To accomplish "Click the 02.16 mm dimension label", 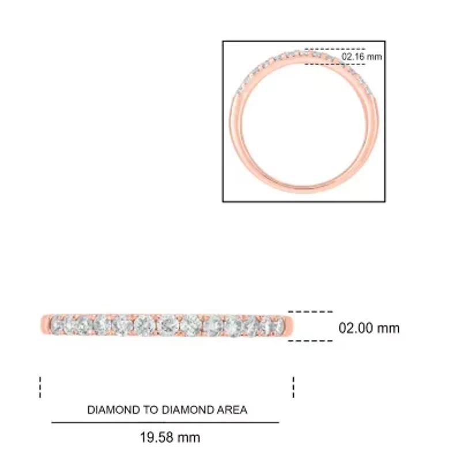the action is coord(362,56).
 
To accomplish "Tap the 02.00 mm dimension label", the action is coord(369,328).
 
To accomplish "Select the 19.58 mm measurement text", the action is coord(170,437).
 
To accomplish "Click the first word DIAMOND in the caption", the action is coord(114,410).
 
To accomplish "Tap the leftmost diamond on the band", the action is coord(58,325).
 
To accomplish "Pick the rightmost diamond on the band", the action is coord(275,325).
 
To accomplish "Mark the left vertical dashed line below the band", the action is coord(40,387).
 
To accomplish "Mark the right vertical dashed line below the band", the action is coord(293,387).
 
